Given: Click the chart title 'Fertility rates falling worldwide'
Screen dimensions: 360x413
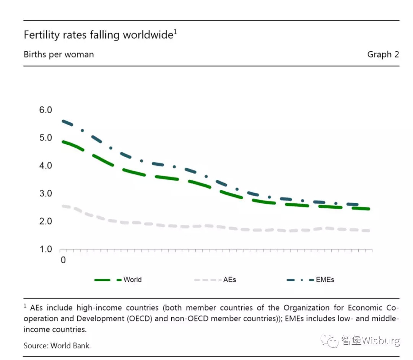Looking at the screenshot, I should [x=98, y=35].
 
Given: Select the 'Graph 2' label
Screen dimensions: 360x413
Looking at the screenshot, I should [x=383, y=54].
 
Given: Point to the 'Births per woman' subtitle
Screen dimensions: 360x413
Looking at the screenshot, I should [x=59, y=54].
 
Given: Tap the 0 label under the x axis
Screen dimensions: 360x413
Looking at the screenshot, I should [x=63, y=260].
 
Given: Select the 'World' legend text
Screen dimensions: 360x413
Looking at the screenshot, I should [x=132, y=280].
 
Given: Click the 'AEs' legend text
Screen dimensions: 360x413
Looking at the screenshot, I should [x=229, y=280].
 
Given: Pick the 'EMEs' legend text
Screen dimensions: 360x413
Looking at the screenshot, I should [x=325, y=280].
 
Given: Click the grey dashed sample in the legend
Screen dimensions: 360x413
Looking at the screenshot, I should [x=207, y=280].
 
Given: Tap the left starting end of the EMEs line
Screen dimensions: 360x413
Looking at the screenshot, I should [x=63, y=121].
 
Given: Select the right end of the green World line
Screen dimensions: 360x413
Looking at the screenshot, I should [x=369, y=209].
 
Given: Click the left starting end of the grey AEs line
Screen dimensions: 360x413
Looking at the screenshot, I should [x=63, y=206].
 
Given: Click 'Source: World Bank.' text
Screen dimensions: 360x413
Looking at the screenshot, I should [x=57, y=345].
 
